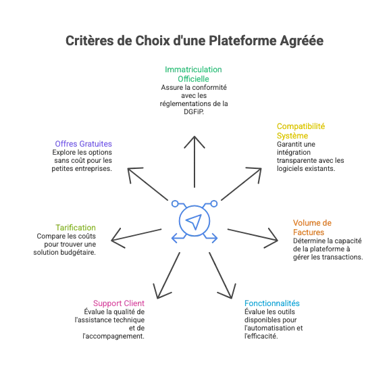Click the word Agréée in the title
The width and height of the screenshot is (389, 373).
pyautogui.click(x=302, y=41)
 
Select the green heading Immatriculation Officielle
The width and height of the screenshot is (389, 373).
pyautogui.click(x=194, y=74)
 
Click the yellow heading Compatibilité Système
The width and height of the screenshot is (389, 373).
pyautogui.click(x=301, y=131)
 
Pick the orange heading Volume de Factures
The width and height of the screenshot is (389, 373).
pyautogui.click(x=312, y=227)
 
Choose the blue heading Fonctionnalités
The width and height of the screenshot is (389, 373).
pyautogui.click(x=272, y=303)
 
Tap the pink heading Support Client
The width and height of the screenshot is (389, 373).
pyautogui.click(x=119, y=303)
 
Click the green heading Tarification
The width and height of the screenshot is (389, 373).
pyautogui.click(x=76, y=228)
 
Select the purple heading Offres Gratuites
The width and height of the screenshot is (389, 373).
pyautogui.click(x=83, y=144)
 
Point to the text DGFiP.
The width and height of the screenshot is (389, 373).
pyautogui.click(x=194, y=111)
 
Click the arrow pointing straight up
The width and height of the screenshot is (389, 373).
pyautogui.click(x=194, y=161)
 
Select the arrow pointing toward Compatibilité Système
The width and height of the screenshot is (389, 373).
pyautogui.click(x=241, y=184)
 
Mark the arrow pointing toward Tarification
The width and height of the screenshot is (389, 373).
pyautogui.click(x=136, y=235)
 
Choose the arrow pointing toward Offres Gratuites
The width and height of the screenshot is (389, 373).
pyautogui.click(x=148, y=184)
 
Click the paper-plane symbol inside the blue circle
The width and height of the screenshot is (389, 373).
pyautogui.click(x=194, y=222)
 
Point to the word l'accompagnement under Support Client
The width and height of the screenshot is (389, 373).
pyautogui.click(x=113, y=337)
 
